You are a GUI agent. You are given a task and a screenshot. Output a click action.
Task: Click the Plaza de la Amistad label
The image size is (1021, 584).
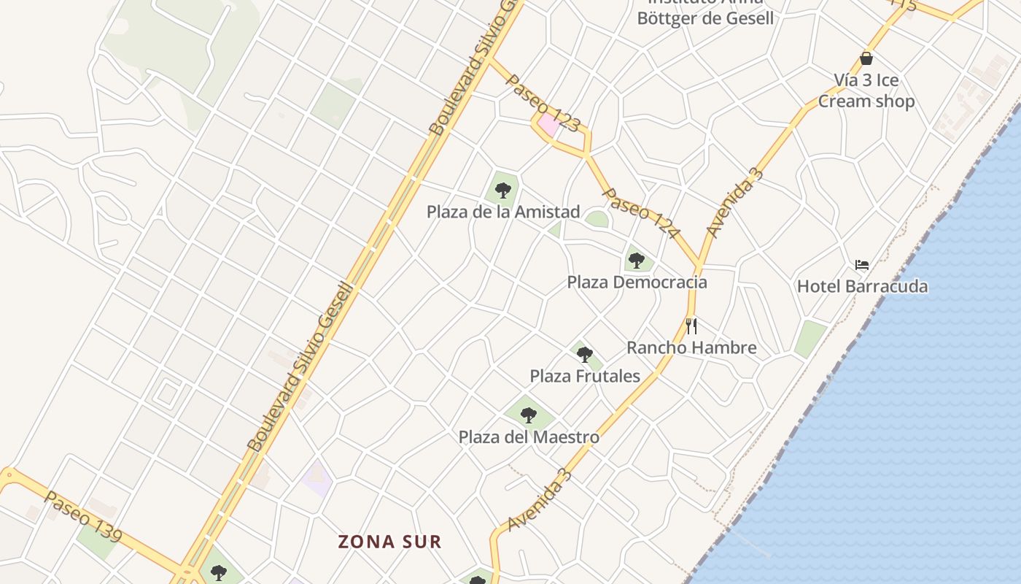503,212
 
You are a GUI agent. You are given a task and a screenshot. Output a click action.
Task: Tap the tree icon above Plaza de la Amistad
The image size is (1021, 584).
502,191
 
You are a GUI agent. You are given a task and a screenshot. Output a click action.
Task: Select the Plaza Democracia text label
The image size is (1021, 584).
637,282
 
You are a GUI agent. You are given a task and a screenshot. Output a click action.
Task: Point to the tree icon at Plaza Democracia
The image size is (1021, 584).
636,260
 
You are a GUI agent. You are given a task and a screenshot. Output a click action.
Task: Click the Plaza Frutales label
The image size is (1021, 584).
585,376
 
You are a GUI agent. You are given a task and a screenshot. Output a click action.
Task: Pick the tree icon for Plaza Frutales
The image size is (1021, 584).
584,355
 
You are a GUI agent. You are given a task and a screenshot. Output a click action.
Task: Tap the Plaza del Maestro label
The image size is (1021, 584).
529,437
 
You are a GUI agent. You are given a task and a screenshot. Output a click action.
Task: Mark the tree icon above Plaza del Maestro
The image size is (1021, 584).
529,415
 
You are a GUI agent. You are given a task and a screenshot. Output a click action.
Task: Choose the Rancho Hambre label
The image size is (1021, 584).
691,347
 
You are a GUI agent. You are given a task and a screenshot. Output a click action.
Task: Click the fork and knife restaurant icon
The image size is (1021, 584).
691,326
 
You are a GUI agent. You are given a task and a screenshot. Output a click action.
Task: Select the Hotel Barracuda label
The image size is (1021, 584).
862,285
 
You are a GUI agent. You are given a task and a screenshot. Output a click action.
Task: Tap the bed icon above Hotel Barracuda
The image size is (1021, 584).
862,264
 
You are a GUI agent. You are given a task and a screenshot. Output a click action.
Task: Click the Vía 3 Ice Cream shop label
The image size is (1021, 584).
866,90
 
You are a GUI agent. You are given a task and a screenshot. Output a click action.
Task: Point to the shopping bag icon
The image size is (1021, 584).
866,58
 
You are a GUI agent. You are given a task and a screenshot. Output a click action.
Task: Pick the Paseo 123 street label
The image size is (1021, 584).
543,103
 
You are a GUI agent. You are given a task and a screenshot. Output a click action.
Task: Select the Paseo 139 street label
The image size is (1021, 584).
82,516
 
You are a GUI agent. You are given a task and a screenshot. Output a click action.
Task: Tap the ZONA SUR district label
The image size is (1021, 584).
389,542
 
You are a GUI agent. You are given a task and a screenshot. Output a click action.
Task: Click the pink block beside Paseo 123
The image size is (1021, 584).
549,123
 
